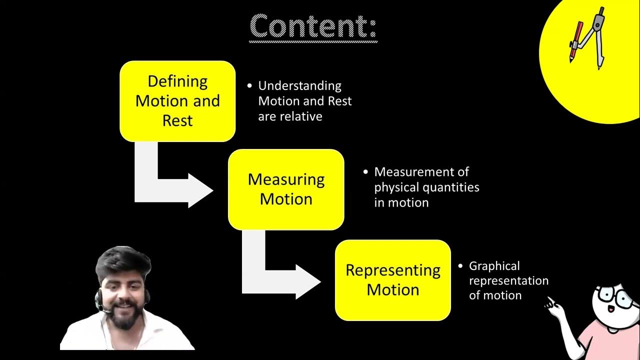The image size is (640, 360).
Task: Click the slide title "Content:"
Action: tap(313, 26)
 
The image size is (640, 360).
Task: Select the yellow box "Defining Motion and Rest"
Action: tap(177, 101)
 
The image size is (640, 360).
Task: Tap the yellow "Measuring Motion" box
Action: tap(286, 189)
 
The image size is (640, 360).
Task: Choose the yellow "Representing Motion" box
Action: tap(392, 280)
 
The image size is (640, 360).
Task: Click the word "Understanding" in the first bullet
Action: tap(299, 86)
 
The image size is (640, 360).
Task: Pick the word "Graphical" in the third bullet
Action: tap(494, 266)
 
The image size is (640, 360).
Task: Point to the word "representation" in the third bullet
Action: tap(508, 280)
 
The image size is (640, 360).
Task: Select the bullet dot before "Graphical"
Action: tap(460, 266)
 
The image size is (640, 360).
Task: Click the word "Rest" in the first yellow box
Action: tap(177, 120)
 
